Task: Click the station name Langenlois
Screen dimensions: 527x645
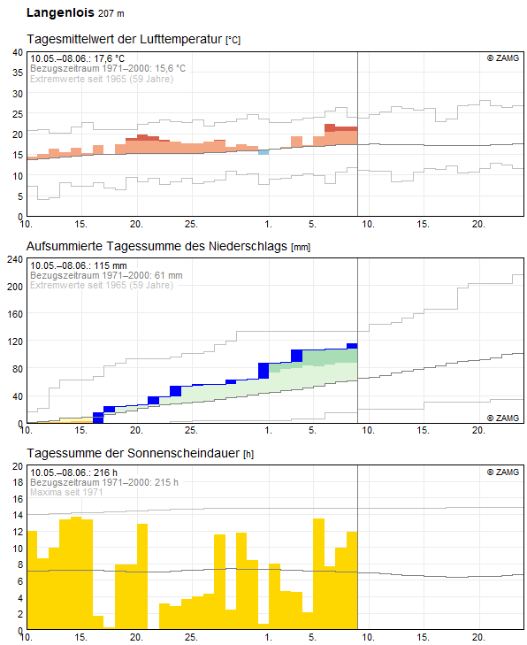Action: pyautogui.click(x=60, y=12)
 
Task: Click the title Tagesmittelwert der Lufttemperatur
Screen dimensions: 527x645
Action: pyautogui.click(x=125, y=39)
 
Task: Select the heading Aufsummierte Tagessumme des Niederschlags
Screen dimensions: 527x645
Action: pyautogui.click(x=157, y=246)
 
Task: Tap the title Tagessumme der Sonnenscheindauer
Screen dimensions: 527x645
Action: pyautogui.click(x=134, y=453)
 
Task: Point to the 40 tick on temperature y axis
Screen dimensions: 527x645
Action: pyautogui.click(x=18, y=52)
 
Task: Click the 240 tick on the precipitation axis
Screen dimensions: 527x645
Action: pyautogui.click(x=15, y=259)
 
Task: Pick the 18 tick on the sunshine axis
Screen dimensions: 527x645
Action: pyautogui.click(x=18, y=482)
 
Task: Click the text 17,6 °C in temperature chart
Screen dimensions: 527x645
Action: pyautogui.click(x=109, y=58)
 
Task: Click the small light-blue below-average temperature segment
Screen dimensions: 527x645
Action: pyautogui.click(x=263, y=152)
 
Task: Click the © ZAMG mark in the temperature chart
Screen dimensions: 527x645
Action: pyautogui.click(x=503, y=58)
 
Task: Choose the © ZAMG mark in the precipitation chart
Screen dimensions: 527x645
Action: pyautogui.click(x=503, y=418)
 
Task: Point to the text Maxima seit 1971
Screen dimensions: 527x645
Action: pyautogui.click(x=66, y=492)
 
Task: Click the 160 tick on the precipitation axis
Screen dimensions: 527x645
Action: pyautogui.click(x=15, y=314)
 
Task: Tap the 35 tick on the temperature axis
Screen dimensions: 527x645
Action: pyautogui.click(x=18, y=73)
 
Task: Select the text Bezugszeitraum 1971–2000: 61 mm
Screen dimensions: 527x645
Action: pyautogui.click(x=106, y=275)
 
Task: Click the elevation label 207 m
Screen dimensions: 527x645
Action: pyautogui.click(x=111, y=13)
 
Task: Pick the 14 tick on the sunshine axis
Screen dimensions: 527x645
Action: pyautogui.click(x=18, y=515)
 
